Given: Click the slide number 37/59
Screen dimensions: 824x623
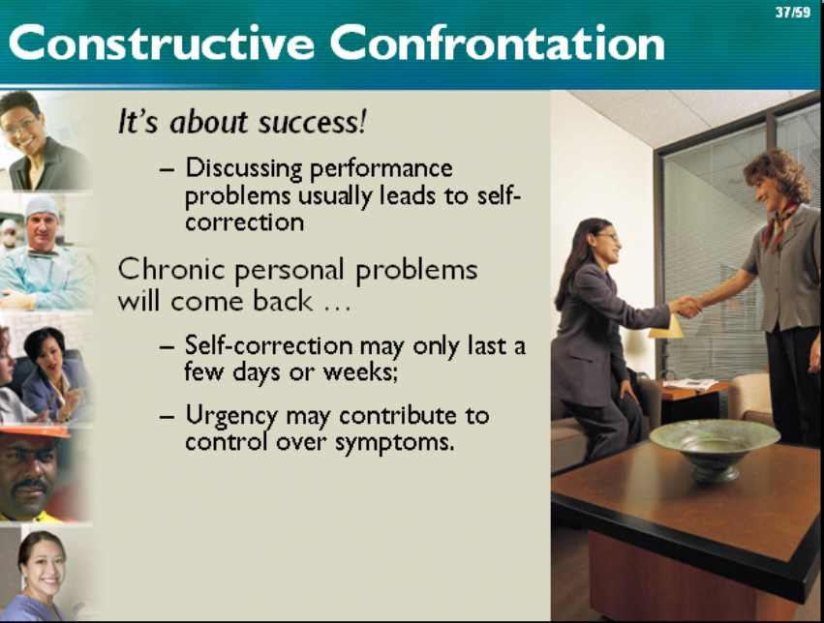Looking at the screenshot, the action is (x=793, y=12).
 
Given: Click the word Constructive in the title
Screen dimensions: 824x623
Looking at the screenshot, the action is (x=162, y=43).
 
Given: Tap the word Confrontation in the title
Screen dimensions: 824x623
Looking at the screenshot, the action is (x=497, y=43).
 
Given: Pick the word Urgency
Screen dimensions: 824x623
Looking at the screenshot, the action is (x=231, y=417).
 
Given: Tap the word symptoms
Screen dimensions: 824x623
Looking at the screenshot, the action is (x=395, y=443).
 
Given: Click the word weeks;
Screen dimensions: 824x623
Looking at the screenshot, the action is (x=360, y=372).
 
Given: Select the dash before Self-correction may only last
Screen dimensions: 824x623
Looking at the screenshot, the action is (x=167, y=347).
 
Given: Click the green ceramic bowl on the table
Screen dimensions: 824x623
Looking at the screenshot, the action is (x=714, y=447).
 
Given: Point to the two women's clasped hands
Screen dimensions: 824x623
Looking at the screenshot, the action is (x=687, y=306).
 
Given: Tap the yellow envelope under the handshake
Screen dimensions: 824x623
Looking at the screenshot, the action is (x=666, y=328).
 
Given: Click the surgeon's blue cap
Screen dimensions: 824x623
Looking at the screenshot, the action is (x=42, y=206).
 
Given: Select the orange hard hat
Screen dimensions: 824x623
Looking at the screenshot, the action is (x=35, y=432).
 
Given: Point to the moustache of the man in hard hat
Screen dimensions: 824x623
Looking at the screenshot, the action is (x=30, y=487).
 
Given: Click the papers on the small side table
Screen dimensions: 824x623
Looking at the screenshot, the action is (x=689, y=384).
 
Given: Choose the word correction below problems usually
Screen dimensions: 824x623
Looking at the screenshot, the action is (x=244, y=222).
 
